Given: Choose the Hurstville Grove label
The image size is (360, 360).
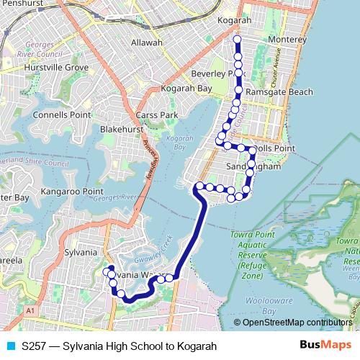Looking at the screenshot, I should tap(56, 67).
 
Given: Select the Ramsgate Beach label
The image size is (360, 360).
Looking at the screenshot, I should tap(279, 92).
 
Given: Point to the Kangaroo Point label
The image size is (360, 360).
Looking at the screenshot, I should tap(72, 192).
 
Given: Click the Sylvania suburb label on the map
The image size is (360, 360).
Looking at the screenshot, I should tap(81, 252).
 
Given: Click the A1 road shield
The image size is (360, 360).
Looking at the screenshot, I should tap(30, 310).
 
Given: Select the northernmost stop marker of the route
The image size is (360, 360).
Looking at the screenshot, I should tap(238, 39).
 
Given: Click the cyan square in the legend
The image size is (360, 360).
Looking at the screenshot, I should tap(9, 346).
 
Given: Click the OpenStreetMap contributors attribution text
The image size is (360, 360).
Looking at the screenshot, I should tap(297, 322).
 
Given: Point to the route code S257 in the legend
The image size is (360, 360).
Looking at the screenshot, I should tap(36, 346).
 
